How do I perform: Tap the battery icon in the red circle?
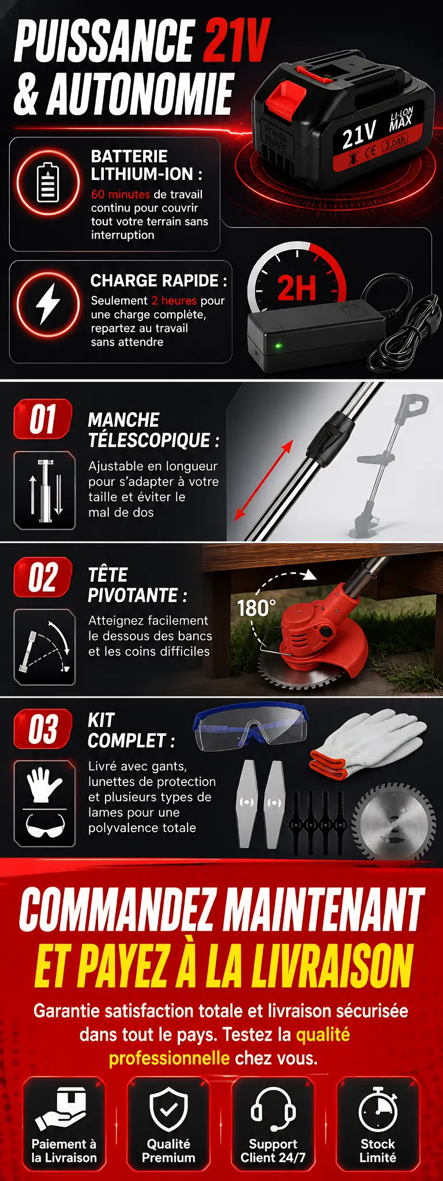pyautogui.click(x=48, y=182)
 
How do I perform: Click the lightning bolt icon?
pyautogui.click(x=48, y=303)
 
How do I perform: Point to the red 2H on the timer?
pyautogui.click(x=297, y=288)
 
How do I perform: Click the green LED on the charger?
pyautogui.click(x=279, y=346)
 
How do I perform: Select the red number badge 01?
pyautogui.click(x=43, y=419)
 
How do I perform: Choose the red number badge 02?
pyautogui.click(x=43, y=577)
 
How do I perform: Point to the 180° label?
pyautogui.click(x=256, y=608)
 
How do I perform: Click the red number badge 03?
pyautogui.click(x=43, y=728)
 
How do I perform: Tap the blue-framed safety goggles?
pyautogui.click(x=251, y=727)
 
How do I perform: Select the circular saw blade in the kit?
pyautogui.click(x=394, y=821)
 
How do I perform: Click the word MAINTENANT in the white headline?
pyautogui.click(x=324, y=909)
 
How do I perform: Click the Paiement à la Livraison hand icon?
pyautogui.click(x=62, y=1109)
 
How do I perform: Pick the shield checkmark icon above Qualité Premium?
pyautogui.click(x=168, y=1109)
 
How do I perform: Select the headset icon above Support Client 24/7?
pyautogui.click(x=273, y=1109)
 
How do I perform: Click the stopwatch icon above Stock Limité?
pyautogui.click(x=378, y=1109)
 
